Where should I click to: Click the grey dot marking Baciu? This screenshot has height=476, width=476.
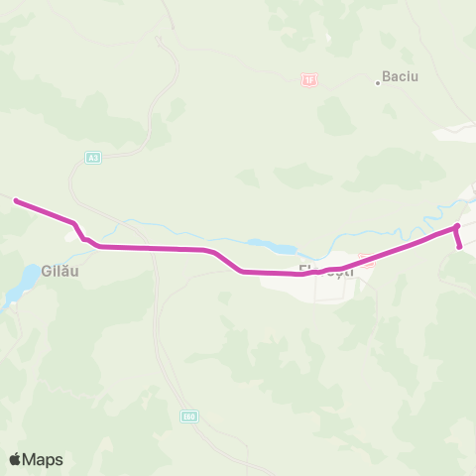pyautogui.click(x=378, y=83)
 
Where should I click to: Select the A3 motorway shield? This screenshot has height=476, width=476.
pyautogui.click(x=92, y=157)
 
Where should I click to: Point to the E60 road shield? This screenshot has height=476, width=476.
pyautogui.click(x=188, y=416)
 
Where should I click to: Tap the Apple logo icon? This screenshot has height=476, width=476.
pyautogui.click(x=16, y=459)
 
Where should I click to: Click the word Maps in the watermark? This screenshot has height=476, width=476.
pyautogui.click(x=45, y=459)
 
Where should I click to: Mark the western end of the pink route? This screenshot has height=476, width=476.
pyautogui.click(x=16, y=200)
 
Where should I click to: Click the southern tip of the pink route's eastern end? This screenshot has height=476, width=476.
pyautogui.click(x=460, y=246)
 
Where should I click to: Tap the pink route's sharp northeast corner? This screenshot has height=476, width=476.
pyautogui.click(x=457, y=227)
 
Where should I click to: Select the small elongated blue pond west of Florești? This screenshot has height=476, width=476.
pyautogui.click(x=271, y=247)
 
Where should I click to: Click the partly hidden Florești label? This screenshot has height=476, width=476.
pyautogui.click(x=326, y=270)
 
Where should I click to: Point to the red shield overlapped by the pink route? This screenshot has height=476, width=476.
pyautogui.click(x=366, y=263)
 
